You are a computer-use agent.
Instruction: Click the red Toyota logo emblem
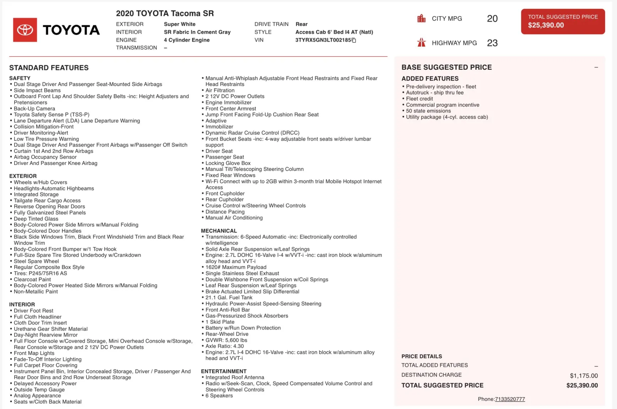25,30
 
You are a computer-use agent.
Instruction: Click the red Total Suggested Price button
563,22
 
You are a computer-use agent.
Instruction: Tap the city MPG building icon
421,19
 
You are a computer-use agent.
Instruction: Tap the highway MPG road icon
421,43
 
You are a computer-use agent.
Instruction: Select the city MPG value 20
492,19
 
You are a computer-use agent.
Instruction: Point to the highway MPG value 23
492,43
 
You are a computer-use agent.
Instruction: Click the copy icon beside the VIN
354,40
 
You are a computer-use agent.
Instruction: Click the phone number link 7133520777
510,399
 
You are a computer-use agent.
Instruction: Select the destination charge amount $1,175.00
583,375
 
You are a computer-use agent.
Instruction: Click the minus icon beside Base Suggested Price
596,67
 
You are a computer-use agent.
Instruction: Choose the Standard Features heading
49,68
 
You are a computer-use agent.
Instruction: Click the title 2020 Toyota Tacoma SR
165,13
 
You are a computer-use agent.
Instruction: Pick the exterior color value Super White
180,24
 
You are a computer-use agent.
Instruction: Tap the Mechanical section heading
219,231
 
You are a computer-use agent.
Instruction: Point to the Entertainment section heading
224,371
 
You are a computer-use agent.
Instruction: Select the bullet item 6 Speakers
219,396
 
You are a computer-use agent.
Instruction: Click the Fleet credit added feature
419,99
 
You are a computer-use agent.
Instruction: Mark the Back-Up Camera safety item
34,109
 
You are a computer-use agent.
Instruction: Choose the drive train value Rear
302,24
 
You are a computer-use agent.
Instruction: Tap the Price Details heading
421,356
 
